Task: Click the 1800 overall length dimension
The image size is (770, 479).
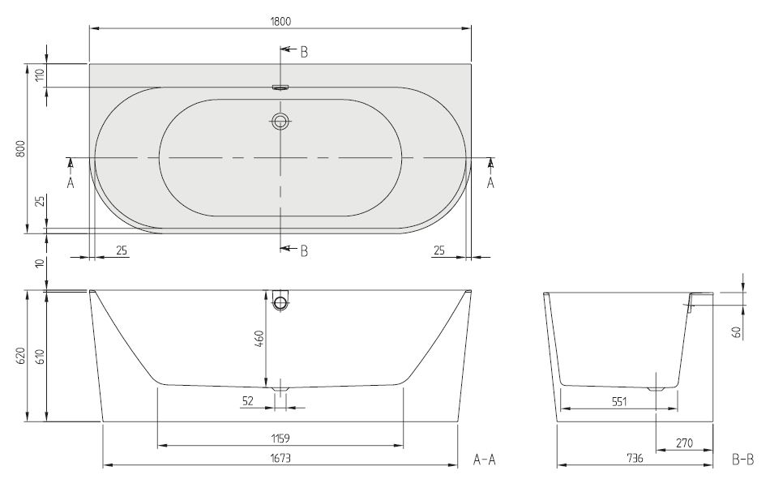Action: tap(280, 21)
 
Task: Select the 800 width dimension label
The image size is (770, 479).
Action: tap(20, 148)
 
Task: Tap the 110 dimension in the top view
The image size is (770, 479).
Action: tap(41, 75)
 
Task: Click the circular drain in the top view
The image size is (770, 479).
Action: tap(280, 121)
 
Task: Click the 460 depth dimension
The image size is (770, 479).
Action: tap(259, 339)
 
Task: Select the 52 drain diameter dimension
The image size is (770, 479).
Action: tap(247, 401)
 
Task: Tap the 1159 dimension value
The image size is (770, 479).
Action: tap(280, 438)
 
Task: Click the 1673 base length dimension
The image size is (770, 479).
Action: tap(280, 459)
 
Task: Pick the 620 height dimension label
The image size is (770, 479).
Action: tap(20, 356)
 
